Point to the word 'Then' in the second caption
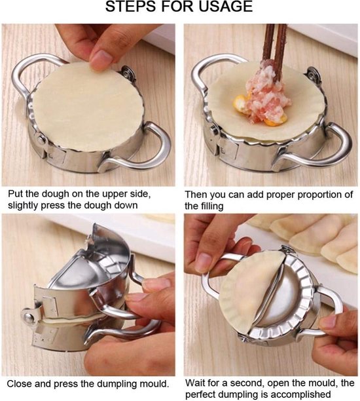197,195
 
